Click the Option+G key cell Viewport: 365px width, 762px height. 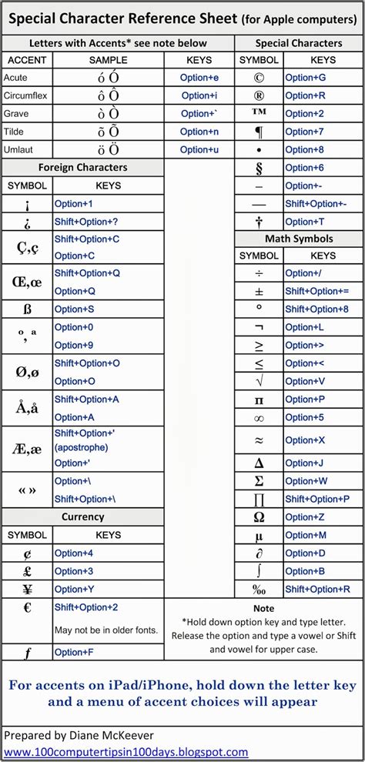(305, 78)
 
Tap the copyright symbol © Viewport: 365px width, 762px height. (259, 78)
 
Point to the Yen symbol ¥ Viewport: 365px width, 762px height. (27, 590)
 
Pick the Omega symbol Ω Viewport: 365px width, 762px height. (259, 517)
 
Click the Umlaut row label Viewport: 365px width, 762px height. (18, 149)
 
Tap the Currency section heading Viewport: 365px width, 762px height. (82, 516)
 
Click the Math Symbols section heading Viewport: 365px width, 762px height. (300, 239)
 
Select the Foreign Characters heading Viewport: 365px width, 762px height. (82, 167)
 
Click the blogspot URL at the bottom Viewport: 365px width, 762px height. (126, 752)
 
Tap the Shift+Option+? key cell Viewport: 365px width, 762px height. (86, 222)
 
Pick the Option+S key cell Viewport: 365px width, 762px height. (74, 309)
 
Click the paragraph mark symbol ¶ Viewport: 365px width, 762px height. (259, 132)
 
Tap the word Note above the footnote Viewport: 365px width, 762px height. (263, 608)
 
